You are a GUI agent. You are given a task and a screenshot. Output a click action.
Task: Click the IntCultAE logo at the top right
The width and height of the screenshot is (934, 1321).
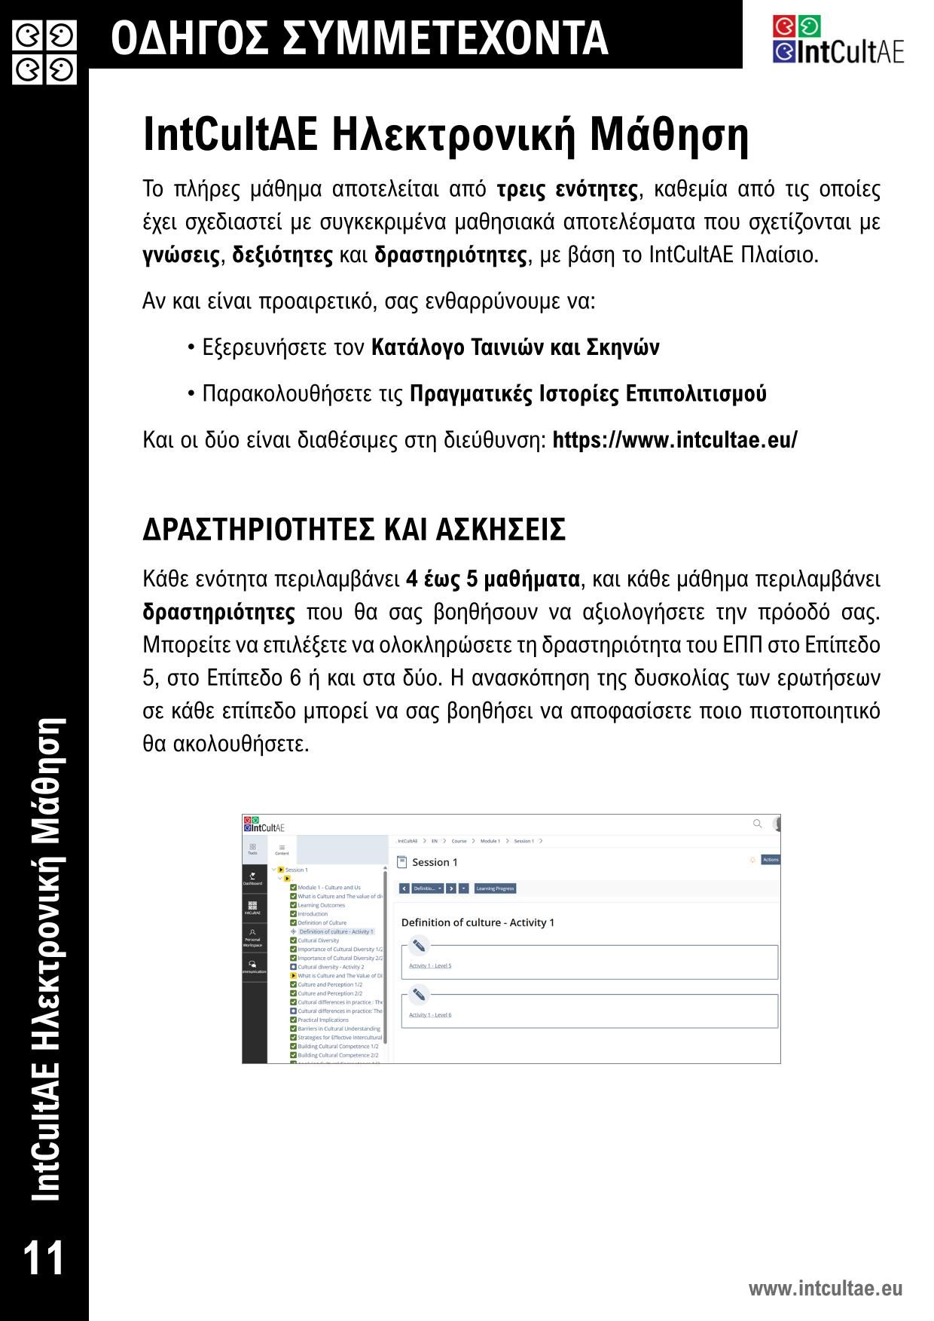(838, 41)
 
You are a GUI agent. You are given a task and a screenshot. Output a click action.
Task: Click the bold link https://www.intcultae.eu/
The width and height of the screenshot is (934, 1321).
(674, 440)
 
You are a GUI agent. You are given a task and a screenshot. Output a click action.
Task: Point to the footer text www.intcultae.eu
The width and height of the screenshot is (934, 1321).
(825, 1288)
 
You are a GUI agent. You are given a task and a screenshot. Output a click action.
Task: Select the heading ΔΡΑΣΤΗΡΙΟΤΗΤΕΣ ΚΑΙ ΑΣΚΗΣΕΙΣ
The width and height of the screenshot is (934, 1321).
(354, 530)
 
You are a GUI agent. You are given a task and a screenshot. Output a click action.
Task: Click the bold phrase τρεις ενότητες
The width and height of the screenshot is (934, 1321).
(567, 189)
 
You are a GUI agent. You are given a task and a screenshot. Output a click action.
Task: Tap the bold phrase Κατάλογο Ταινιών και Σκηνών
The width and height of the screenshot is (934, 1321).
(515, 347)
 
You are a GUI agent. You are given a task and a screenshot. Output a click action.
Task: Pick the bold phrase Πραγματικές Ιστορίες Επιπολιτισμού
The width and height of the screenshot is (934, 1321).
(588, 394)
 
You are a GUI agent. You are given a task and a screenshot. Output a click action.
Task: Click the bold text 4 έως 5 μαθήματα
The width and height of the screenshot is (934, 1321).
(493, 579)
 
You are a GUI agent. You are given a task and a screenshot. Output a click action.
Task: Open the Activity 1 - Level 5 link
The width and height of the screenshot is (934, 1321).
(430, 966)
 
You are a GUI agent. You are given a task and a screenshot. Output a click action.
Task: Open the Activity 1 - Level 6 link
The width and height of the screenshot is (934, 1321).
(430, 1015)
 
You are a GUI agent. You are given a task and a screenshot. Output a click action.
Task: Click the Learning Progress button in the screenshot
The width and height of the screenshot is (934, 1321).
(495, 888)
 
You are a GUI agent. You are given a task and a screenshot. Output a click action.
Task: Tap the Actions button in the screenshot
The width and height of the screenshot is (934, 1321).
(771, 860)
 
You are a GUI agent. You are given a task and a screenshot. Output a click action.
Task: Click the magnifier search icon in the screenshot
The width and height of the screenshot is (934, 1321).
(758, 824)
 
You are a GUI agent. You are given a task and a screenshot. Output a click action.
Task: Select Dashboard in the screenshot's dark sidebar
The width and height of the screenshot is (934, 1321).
(253, 879)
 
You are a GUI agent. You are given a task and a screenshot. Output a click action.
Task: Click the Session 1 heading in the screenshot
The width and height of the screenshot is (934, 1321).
(435, 862)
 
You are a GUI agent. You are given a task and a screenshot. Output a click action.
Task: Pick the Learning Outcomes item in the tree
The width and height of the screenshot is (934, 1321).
(321, 905)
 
